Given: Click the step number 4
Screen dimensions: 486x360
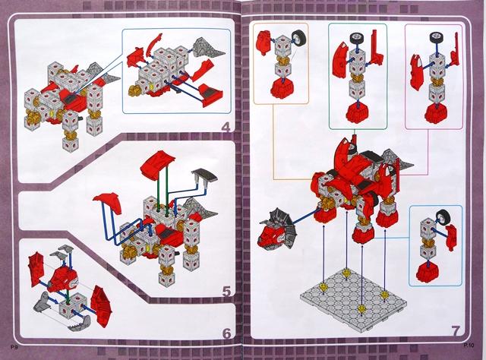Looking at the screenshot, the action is pos(226,128).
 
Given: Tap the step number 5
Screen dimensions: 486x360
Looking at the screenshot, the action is pos(226,292).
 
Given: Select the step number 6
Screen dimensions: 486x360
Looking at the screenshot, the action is pos(226,333).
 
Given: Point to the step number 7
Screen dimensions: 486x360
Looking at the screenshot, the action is pos(456,330).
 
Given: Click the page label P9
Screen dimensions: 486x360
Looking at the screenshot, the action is pos(14,347).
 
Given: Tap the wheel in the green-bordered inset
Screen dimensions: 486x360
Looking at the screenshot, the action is pos(358,39).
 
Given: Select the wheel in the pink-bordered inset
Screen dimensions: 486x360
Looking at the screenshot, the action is pos(437,38).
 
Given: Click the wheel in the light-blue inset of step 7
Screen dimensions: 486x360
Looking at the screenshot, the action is pos(444,217).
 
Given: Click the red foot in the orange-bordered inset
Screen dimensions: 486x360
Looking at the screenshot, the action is pos(282,88).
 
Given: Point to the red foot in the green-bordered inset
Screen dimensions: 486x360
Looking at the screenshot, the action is pos(358,112).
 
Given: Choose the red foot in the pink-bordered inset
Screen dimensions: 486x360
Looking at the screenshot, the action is pos(437,112).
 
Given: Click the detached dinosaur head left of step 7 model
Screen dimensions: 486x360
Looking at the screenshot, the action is pos(276,229).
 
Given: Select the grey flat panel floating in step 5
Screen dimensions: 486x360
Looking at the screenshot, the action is pos(204,176).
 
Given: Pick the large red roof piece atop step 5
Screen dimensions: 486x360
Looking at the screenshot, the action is pos(158,163).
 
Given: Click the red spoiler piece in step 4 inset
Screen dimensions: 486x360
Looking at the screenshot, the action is pos(211,95).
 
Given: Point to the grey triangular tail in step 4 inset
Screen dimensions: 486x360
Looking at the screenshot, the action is pos(208,49).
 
